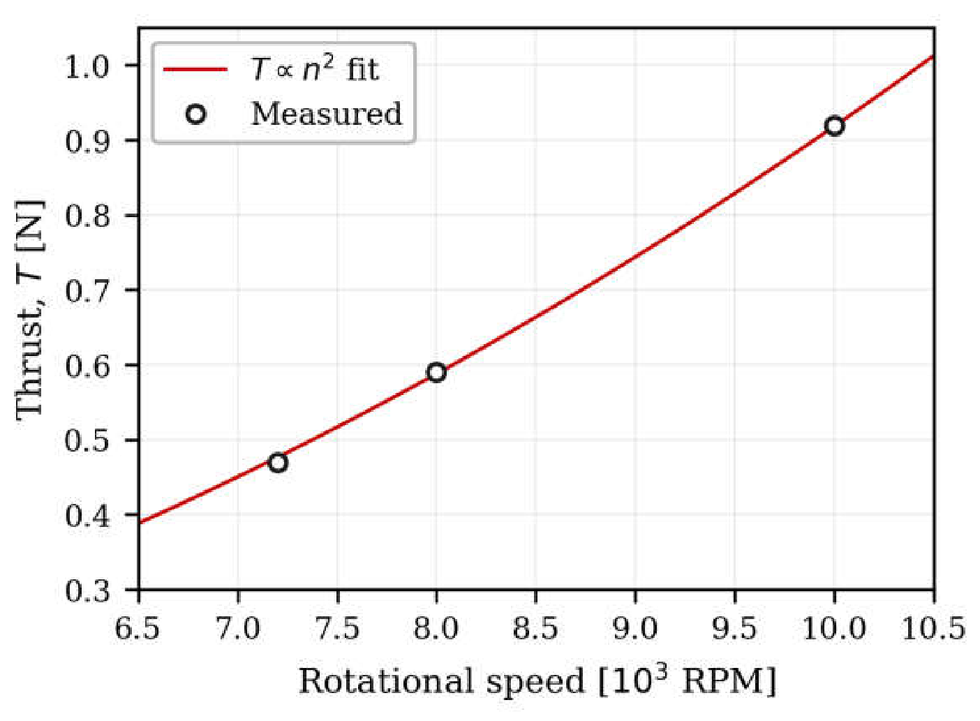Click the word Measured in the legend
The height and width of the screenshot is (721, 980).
[x=327, y=114]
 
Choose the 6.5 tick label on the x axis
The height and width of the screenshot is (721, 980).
[x=139, y=629]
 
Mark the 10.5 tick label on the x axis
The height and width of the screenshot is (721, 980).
[x=934, y=629]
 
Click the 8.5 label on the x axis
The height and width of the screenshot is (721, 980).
[x=536, y=629]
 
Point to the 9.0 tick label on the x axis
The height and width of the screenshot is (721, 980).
[x=636, y=629]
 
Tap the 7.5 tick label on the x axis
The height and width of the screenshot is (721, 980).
[x=337, y=629]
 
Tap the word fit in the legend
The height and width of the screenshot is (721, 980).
[x=362, y=69]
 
